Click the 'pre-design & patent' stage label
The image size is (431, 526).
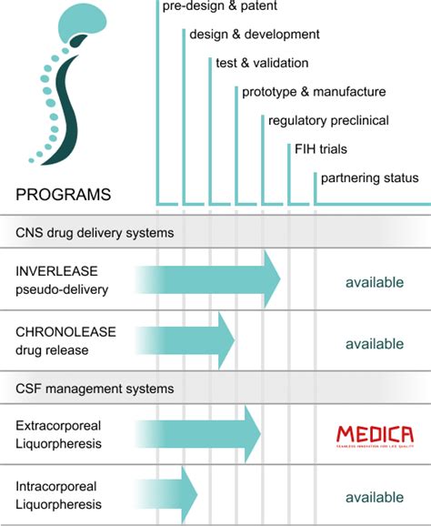click(218, 7)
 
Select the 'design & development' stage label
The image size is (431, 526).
click(254, 35)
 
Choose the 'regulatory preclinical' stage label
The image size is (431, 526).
click(328, 120)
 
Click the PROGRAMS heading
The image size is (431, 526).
click(64, 194)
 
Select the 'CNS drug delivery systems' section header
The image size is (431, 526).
click(95, 232)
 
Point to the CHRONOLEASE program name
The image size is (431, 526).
click(65, 332)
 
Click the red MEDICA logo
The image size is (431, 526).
click(374, 436)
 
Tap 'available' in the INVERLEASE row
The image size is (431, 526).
click(374, 282)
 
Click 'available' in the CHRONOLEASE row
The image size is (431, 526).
click(374, 343)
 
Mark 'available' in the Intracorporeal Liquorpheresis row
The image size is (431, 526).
click(374, 498)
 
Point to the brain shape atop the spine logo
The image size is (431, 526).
click(86, 26)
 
